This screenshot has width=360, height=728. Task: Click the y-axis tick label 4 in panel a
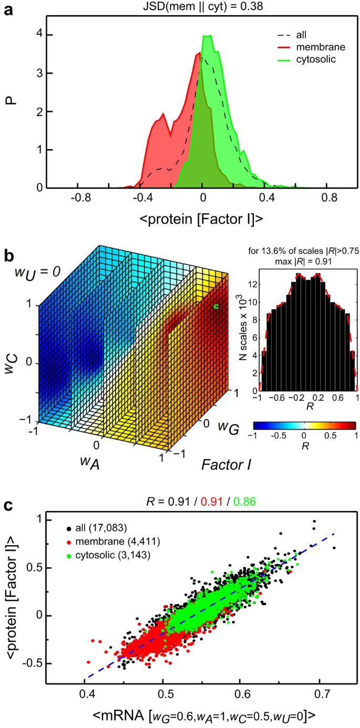point(33,35)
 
